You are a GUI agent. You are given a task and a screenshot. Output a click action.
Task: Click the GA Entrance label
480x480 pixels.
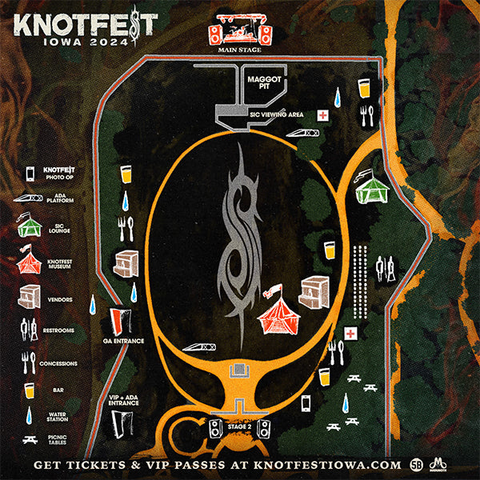[x=123, y=342]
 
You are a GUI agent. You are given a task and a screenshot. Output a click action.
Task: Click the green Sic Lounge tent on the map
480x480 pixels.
[x=371, y=189]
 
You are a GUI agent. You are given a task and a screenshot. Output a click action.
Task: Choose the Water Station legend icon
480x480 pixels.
[x=30, y=415]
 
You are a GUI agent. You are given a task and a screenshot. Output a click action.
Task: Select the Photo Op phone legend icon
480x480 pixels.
[x=30, y=172]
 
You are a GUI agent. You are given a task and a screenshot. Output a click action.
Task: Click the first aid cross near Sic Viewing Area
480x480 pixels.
[x=322, y=115]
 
